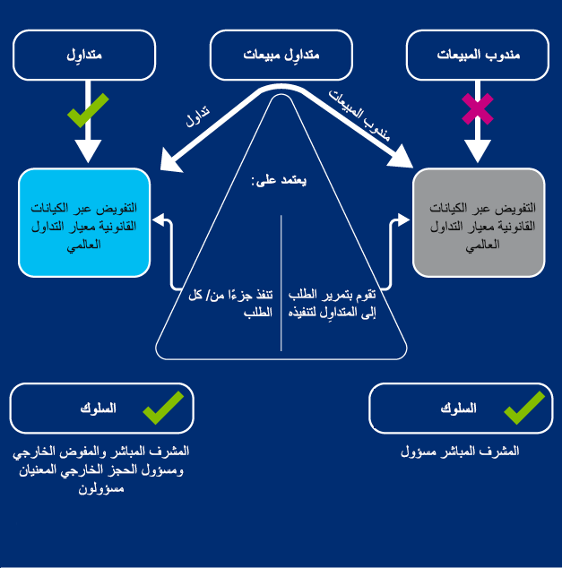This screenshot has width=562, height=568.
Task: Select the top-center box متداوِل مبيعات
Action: [x=281, y=56]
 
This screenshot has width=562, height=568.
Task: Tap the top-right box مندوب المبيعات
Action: [x=478, y=56]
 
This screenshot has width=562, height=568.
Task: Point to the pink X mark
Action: [x=477, y=109]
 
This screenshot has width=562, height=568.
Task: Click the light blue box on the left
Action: [x=84, y=222]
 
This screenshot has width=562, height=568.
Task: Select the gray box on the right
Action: [x=480, y=222]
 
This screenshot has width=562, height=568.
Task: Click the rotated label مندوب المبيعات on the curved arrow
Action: [x=359, y=114]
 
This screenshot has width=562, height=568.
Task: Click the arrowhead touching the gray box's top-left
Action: [x=400, y=161]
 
